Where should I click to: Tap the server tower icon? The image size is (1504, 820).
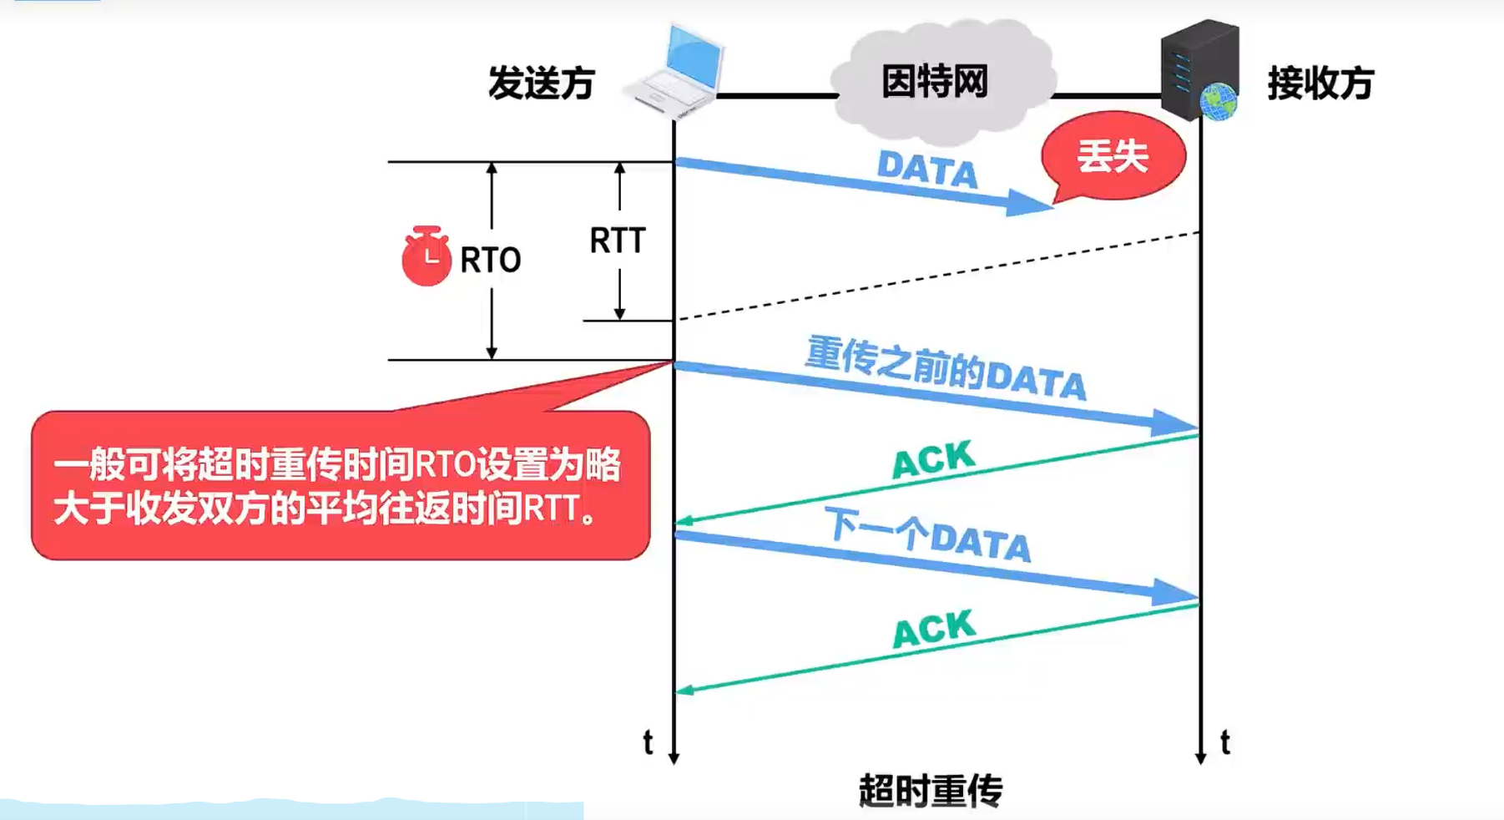click(1199, 67)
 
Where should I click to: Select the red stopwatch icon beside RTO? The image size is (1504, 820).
click(426, 256)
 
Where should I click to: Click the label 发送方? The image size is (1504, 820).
click(541, 84)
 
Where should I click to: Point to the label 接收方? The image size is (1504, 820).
click(1320, 84)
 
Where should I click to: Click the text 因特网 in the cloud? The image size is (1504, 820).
click(935, 82)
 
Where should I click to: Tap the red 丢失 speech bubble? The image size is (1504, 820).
click(1113, 156)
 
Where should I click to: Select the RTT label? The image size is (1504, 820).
click(618, 240)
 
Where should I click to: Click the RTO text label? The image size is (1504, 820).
click(491, 261)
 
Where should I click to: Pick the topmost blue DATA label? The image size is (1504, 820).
click(927, 170)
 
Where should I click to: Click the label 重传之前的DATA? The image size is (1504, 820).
click(946, 368)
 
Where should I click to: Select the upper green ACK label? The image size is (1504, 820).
click(933, 459)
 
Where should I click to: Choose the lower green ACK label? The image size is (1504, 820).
click(934, 629)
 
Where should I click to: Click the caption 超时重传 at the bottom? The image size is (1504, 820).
click(931, 790)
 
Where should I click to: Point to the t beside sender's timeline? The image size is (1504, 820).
click(648, 742)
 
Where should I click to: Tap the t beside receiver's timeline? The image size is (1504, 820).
click(1224, 742)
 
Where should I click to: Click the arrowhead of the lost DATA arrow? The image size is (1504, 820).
click(1028, 203)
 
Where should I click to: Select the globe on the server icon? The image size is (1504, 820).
click(1219, 101)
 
